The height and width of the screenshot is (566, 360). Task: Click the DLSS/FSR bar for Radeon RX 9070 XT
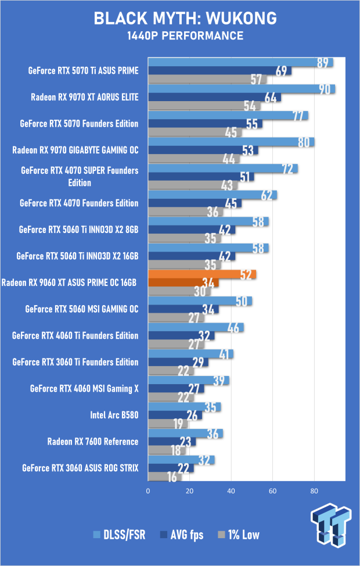tap(242, 89)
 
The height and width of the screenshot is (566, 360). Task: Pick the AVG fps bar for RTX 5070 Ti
tap(219, 71)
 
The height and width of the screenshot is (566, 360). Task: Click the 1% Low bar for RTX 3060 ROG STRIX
tap(165, 477)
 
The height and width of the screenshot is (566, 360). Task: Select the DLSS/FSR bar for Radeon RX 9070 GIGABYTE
tap(231, 142)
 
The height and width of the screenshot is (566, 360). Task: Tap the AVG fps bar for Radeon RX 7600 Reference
tap(172, 442)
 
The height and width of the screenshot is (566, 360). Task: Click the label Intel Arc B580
tap(114, 415)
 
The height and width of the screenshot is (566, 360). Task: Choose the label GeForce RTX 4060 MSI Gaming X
tap(84, 389)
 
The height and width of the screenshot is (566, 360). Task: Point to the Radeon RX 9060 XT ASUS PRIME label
tap(69, 283)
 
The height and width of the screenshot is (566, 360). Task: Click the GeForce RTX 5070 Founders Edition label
tap(79, 123)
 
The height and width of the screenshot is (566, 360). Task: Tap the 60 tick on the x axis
tap(272, 491)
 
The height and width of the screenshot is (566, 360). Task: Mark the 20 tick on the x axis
tap(190, 491)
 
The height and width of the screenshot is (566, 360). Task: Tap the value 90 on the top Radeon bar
tap(325, 89)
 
